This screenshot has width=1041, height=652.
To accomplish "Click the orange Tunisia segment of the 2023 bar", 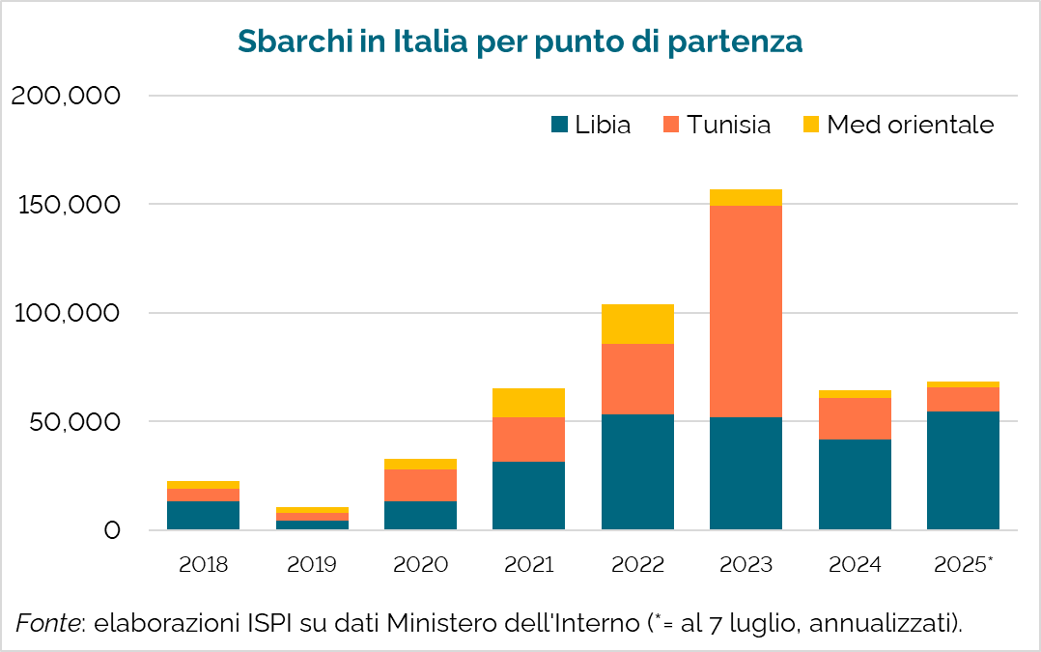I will [x=746, y=311].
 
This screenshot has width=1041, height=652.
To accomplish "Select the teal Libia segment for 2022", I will [x=637, y=471].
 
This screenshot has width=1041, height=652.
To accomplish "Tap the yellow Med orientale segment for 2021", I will [x=528, y=402].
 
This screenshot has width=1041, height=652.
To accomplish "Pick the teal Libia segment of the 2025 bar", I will [x=963, y=470].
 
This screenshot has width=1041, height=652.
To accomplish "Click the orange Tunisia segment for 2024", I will [x=855, y=418].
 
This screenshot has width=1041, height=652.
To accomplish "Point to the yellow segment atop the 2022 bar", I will [x=637, y=324].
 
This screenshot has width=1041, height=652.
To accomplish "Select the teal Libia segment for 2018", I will [x=203, y=515].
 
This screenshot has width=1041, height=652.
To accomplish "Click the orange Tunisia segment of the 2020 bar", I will [x=420, y=485].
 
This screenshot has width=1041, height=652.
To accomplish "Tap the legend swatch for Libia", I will [x=559, y=125].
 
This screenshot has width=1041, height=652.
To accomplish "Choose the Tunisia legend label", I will [x=728, y=125].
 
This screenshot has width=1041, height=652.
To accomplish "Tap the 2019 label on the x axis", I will [x=312, y=565].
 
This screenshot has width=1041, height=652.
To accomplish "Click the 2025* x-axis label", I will [x=963, y=565].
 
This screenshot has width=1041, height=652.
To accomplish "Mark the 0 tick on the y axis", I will [x=112, y=530].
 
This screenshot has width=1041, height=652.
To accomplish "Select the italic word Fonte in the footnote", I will [x=47, y=623].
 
